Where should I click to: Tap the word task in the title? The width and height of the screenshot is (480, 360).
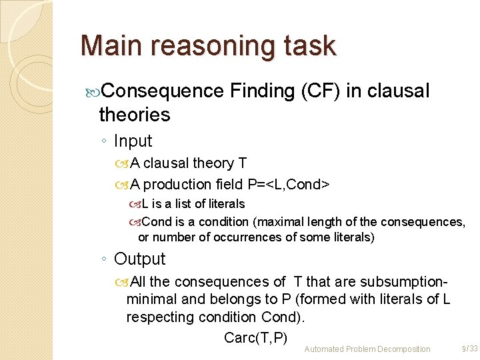click(309, 46)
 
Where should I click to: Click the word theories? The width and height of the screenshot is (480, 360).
click(134, 115)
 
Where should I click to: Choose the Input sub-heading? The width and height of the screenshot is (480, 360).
click(133, 141)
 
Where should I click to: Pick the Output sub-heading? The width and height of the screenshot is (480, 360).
click(139, 259)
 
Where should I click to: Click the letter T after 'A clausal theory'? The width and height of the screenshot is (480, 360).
click(243, 163)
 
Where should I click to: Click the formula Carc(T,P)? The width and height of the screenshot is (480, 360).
click(255, 337)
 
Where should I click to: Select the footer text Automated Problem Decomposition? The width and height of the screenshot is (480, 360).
click(367, 349)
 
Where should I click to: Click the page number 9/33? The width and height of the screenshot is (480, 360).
click(469, 349)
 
